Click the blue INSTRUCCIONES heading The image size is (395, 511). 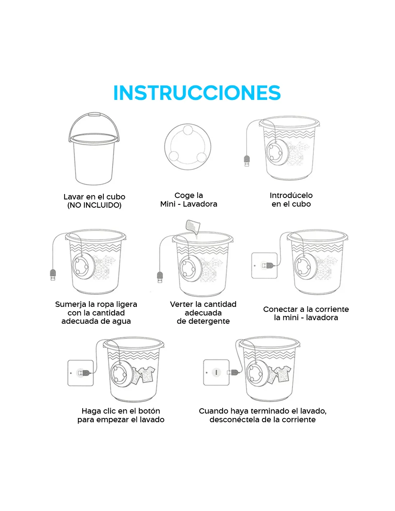coord(197,93)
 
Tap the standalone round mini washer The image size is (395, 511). coord(187,147)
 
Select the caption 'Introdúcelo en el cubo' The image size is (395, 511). coord(291,199)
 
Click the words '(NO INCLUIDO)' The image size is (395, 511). coord(94,205)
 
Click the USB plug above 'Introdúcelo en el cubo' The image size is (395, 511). coord(247,161)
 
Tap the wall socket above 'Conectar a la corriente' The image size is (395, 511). coord(264,266)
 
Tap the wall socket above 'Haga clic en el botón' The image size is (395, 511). coord(80,373)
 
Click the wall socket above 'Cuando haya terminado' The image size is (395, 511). coord(216,372)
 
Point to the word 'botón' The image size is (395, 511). coord(149,411)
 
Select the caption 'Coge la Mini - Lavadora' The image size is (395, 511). coord(189,199)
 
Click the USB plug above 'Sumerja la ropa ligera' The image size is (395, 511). coord(53,275)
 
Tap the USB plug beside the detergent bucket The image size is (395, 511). coord(160,277)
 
